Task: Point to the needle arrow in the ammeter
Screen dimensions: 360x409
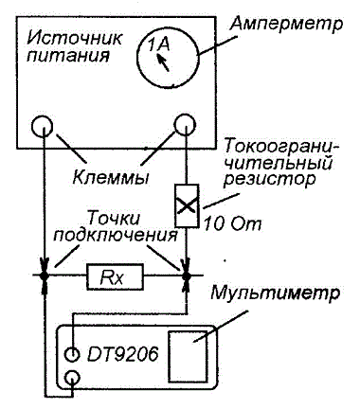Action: coord(164,62)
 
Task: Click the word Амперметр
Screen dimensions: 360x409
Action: coord(286,25)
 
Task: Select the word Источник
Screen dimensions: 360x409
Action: coord(75,39)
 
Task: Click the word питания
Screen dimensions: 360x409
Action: coord(68,56)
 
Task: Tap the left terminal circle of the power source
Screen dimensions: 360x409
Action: coord(43,126)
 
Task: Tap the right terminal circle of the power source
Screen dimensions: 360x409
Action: coord(185,125)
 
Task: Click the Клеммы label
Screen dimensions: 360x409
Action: coord(111,178)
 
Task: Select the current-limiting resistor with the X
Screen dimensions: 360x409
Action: coord(187,205)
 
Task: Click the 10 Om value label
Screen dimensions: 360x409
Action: coord(233,224)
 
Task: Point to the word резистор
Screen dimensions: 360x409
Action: coord(271,180)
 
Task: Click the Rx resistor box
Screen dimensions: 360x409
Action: coord(115,277)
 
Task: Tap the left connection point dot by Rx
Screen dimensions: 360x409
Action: coord(45,276)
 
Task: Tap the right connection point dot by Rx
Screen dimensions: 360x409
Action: coord(187,276)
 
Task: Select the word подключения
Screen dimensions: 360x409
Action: coord(116,235)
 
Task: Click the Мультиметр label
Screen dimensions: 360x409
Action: coord(276,293)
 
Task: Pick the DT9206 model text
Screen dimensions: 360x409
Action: coord(122,355)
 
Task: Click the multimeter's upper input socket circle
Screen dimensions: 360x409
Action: coord(72,354)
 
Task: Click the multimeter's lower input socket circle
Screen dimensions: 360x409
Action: coord(73,378)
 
